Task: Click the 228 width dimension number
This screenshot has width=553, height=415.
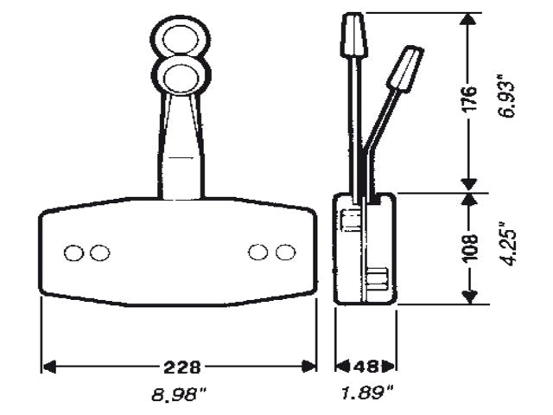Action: [x=179, y=366]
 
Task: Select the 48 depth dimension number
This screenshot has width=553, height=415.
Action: [x=365, y=366]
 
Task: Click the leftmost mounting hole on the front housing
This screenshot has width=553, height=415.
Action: [x=74, y=252]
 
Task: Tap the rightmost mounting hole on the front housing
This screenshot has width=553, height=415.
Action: [x=283, y=252]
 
